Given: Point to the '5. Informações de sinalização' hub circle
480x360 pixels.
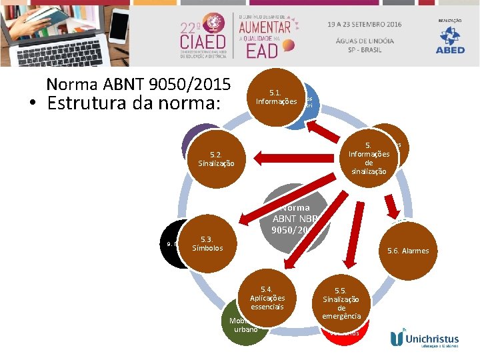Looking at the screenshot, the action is [369, 157].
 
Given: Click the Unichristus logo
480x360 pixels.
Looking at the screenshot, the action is [427, 339].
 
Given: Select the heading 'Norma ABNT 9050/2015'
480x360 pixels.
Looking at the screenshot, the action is [139, 85].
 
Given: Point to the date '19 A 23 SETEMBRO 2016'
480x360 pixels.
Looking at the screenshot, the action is [364, 24].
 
